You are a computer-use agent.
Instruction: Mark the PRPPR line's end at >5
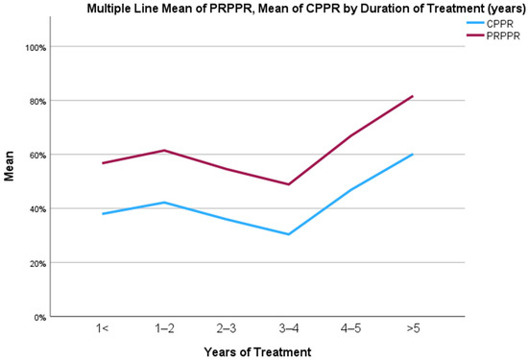point(413,96)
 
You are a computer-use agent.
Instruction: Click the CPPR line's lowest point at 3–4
point(289,234)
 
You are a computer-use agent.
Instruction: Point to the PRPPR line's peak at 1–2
point(164,150)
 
